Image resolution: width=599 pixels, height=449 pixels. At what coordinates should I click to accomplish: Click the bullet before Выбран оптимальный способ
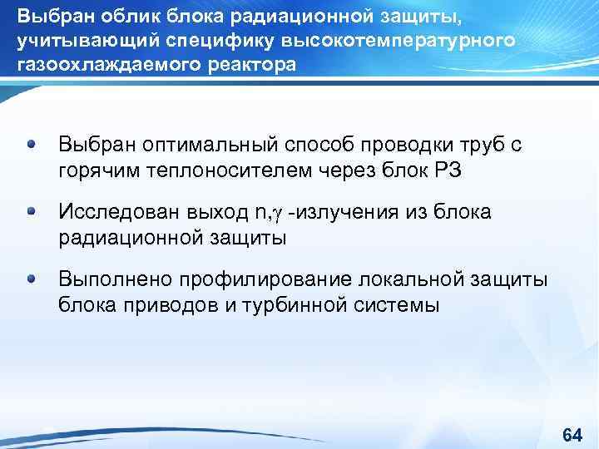[x=32, y=144]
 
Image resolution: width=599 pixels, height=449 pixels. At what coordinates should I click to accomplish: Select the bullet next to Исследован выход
[x=32, y=211]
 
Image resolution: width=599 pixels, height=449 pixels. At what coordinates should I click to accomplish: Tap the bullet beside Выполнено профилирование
[x=32, y=279]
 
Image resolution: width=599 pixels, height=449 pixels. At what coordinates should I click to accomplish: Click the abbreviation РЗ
[x=444, y=170]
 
